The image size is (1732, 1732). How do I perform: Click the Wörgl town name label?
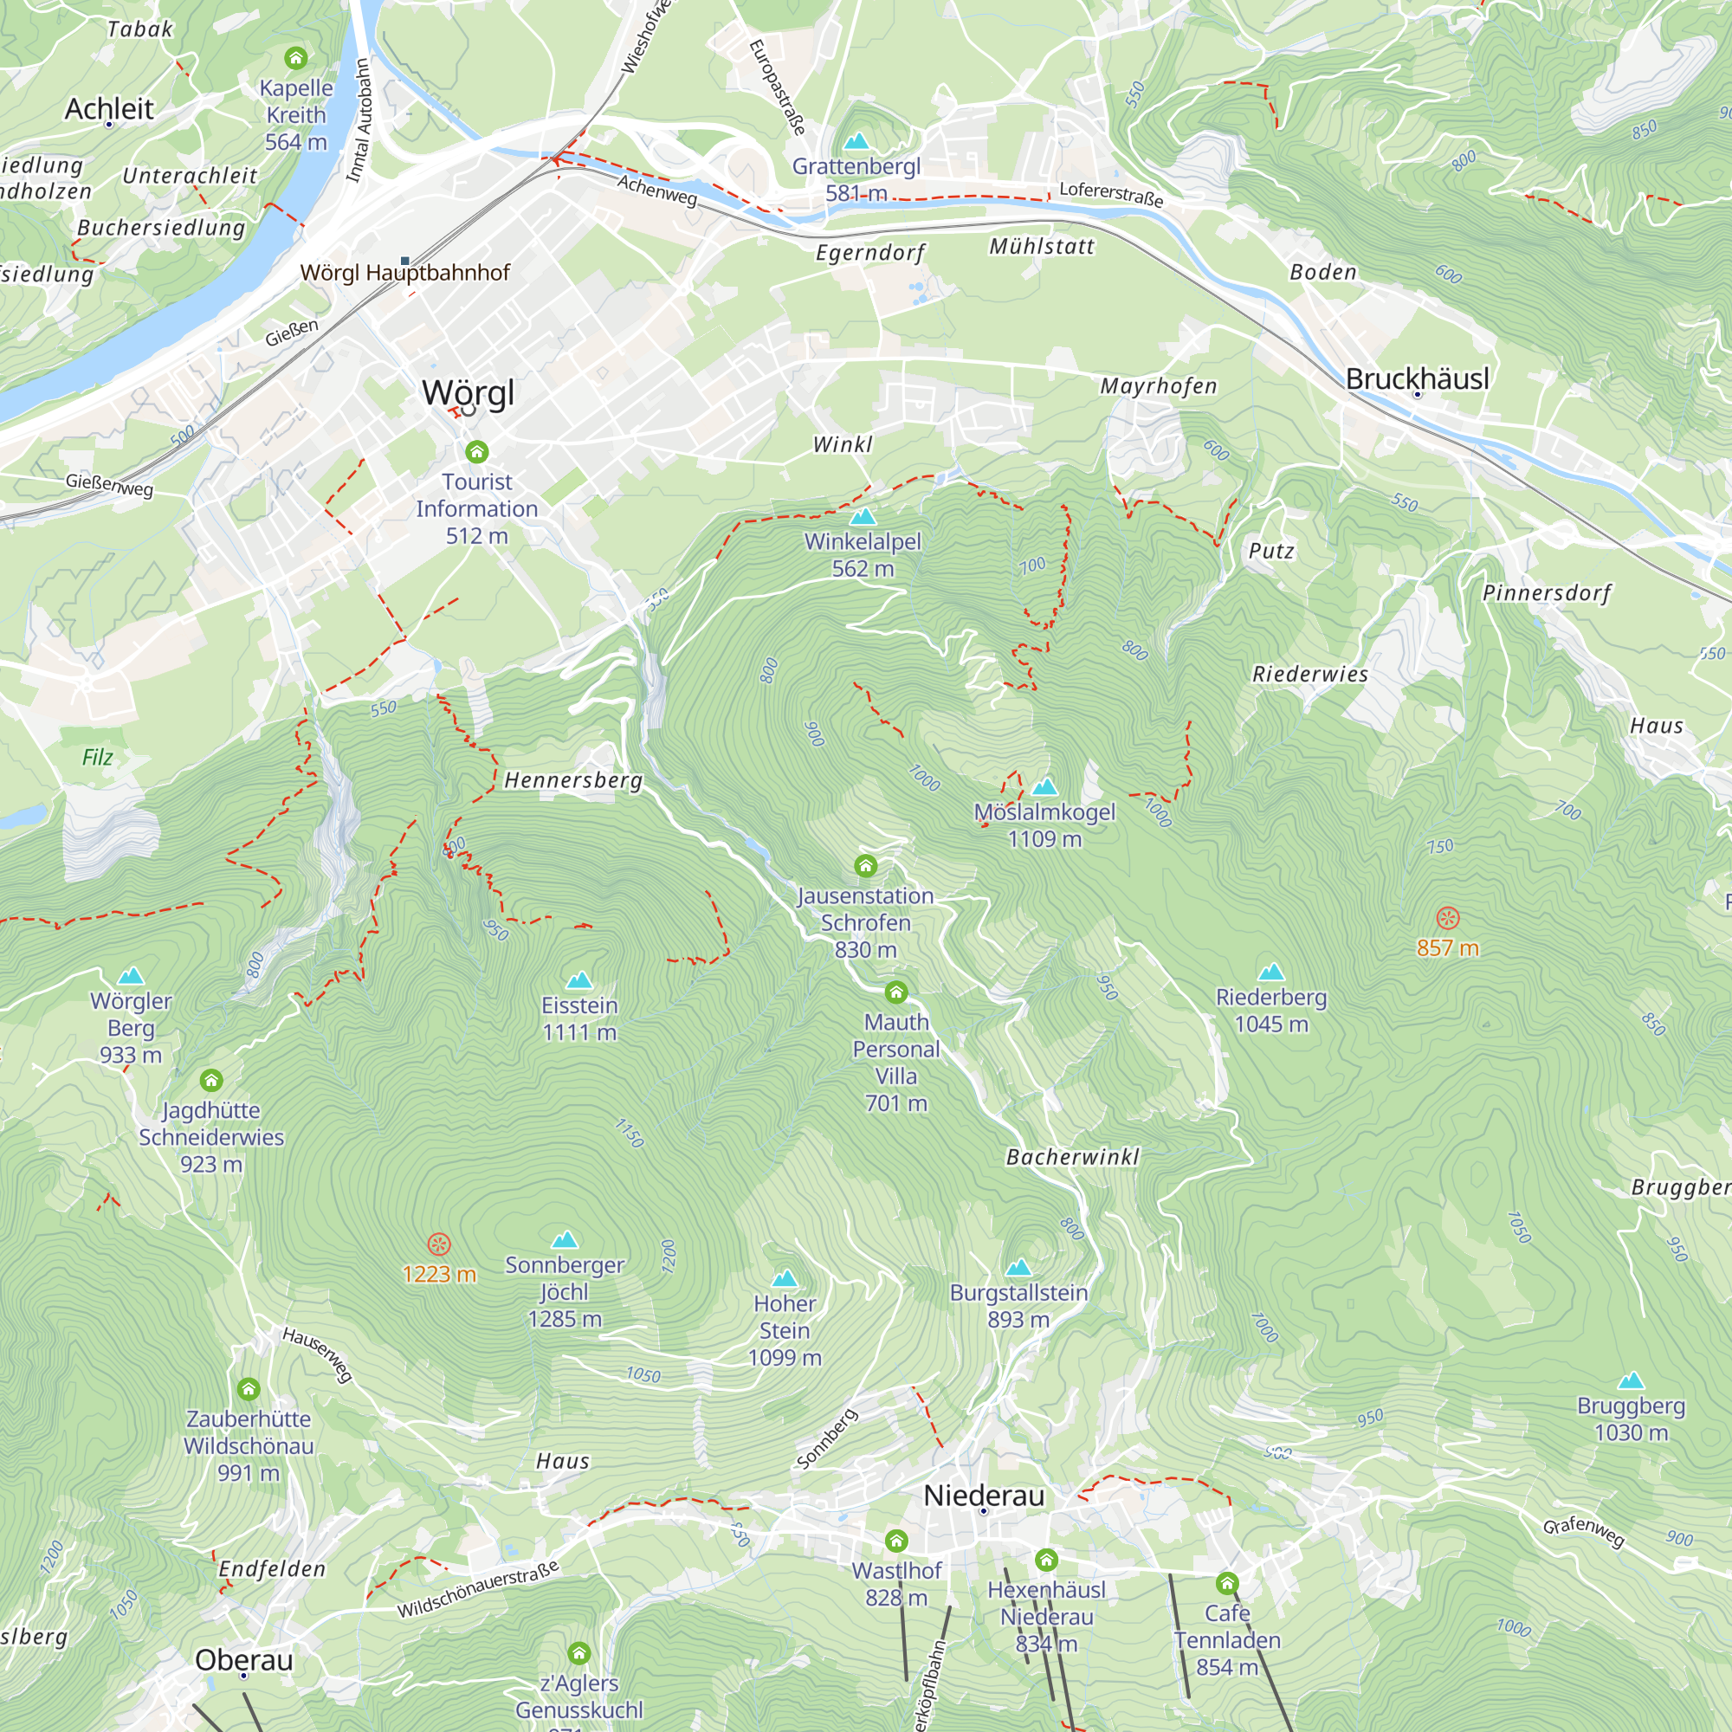pyautogui.click(x=468, y=392)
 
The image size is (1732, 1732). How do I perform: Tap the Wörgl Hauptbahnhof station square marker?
pyautogui.click(x=405, y=261)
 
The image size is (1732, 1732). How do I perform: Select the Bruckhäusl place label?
pyautogui.click(x=1417, y=378)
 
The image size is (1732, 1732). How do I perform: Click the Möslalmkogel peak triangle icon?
pyautogui.click(x=1044, y=787)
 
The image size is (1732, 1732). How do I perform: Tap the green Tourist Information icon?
pyautogui.click(x=477, y=451)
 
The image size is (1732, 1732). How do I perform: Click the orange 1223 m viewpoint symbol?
pyautogui.click(x=438, y=1244)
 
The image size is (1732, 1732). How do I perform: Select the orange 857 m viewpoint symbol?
pyautogui.click(x=1448, y=918)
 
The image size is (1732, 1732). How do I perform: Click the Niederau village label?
pyautogui.click(x=984, y=1496)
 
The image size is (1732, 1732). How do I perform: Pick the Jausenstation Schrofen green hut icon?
pyautogui.click(x=865, y=865)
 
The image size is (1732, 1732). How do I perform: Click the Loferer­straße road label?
pyautogui.click(x=1111, y=194)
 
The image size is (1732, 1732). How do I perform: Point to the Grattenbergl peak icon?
pyautogui.click(x=857, y=141)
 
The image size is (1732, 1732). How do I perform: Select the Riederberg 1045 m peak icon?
pyautogui.click(x=1271, y=972)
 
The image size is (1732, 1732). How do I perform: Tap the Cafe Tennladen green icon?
pyautogui.click(x=1227, y=1582)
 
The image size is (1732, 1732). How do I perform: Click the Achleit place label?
pyautogui.click(x=109, y=109)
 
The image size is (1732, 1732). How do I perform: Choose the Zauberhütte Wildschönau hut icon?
pyautogui.click(x=249, y=1389)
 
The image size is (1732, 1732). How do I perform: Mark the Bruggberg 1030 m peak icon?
pyautogui.click(x=1631, y=1380)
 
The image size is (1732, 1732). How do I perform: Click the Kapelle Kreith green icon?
pyautogui.click(x=296, y=59)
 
